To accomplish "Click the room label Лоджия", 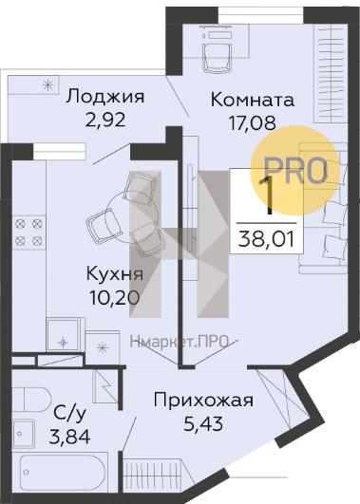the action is click(x=104, y=97).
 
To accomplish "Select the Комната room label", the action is click(x=253, y=100).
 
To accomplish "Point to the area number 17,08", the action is click(x=252, y=122).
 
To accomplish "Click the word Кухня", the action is click(x=115, y=275).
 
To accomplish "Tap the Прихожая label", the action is click(x=203, y=401).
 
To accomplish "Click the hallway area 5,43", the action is click(x=203, y=424).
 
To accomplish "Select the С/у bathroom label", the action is click(x=69, y=414).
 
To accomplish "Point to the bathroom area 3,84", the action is click(x=69, y=437).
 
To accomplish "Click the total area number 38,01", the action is click(x=266, y=239).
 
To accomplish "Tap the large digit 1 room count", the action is click(x=266, y=196).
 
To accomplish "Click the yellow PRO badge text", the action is click(x=295, y=171).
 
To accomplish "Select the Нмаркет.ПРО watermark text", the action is click(x=179, y=341).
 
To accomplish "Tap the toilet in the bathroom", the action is click(x=31, y=400).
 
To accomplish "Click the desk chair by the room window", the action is click(x=218, y=56).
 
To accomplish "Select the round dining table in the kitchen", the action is click(x=132, y=218).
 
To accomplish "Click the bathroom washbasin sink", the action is click(x=23, y=433).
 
